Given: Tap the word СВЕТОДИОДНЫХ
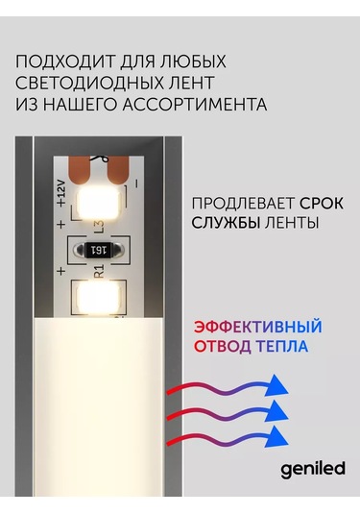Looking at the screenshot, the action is point(85,82).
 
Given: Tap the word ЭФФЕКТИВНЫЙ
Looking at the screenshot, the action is point(256,326).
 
